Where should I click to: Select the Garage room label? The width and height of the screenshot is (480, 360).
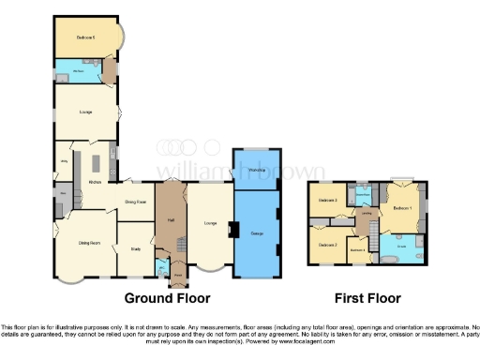255,232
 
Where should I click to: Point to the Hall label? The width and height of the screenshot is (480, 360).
171,219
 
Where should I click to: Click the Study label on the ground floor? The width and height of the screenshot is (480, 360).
135,248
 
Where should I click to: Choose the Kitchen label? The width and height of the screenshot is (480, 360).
95,181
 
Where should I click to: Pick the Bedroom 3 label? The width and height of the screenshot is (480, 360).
327,201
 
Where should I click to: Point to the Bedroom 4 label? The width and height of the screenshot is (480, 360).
357,249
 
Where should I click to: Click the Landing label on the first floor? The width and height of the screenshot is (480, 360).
368,214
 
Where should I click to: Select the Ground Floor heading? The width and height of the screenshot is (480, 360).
170,298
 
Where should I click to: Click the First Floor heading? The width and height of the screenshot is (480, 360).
367,298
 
